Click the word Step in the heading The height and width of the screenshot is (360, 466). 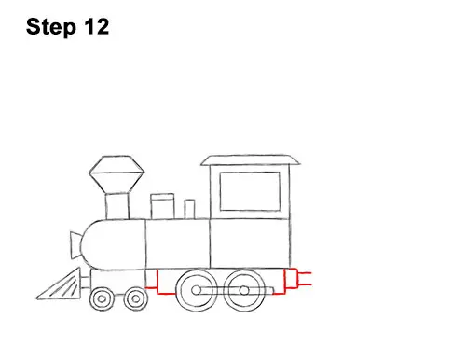(x=51, y=27)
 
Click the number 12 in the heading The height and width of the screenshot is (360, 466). (x=96, y=26)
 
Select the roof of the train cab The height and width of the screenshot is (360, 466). (x=251, y=159)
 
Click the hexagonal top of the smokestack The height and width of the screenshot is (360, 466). (x=116, y=174)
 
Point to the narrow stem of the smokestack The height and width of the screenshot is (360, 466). (x=117, y=206)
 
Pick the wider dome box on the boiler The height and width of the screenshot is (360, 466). (x=162, y=206)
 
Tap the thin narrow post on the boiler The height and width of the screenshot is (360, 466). (x=189, y=209)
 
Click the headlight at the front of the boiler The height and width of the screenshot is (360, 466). (x=75, y=245)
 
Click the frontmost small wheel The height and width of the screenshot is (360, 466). (x=102, y=299)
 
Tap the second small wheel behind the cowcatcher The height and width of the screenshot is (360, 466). (x=135, y=299)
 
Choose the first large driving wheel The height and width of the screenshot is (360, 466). (x=197, y=290)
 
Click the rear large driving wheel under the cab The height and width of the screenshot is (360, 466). (x=244, y=290)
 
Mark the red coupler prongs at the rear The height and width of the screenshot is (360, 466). (x=305, y=279)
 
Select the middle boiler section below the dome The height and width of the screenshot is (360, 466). (x=178, y=243)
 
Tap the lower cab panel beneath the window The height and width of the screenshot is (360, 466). (x=250, y=243)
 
